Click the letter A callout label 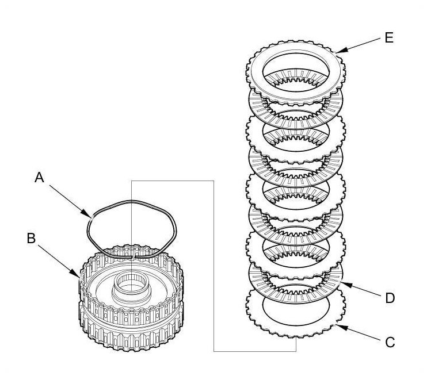click(x=40, y=178)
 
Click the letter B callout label click(x=31, y=238)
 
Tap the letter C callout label click(x=390, y=342)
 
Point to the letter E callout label click(x=390, y=39)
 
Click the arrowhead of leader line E click(x=335, y=52)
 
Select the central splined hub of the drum click(x=132, y=284)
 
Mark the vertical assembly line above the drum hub click(x=132, y=218)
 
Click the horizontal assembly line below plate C click(x=253, y=351)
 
